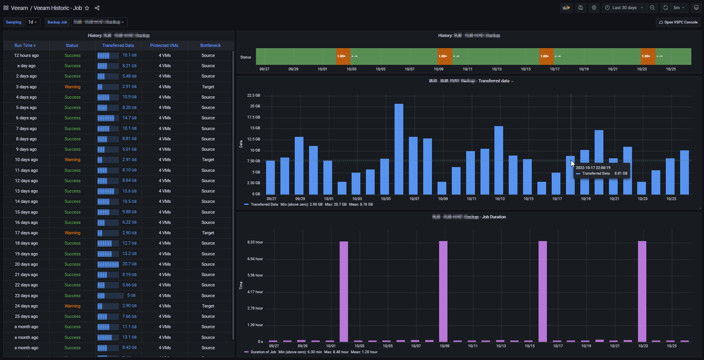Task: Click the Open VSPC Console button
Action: [x=678, y=22]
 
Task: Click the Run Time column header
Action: [x=25, y=45]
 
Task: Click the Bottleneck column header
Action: [x=210, y=45]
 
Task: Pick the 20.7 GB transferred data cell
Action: [x=129, y=264]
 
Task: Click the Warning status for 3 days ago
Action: [x=72, y=87]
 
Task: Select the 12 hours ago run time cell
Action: [x=26, y=55]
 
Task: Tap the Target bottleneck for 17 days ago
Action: [x=208, y=233]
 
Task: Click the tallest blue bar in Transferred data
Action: [x=399, y=149]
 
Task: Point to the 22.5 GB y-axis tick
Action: [x=253, y=95]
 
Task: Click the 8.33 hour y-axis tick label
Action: [x=255, y=242]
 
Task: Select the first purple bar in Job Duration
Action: [x=344, y=291]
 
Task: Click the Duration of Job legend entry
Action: [x=263, y=352]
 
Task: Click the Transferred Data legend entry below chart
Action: [x=264, y=204]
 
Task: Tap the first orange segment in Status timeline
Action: [x=343, y=56]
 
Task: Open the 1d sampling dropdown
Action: [x=32, y=22]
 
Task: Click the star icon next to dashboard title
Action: [x=87, y=8]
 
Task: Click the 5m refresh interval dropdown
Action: [x=679, y=8]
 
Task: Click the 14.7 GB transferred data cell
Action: [x=129, y=118]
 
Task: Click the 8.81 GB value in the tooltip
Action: [x=620, y=173]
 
